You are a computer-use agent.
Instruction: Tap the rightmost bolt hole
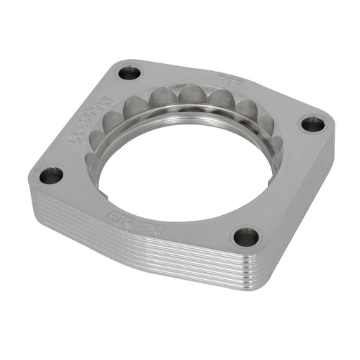(312, 124)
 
